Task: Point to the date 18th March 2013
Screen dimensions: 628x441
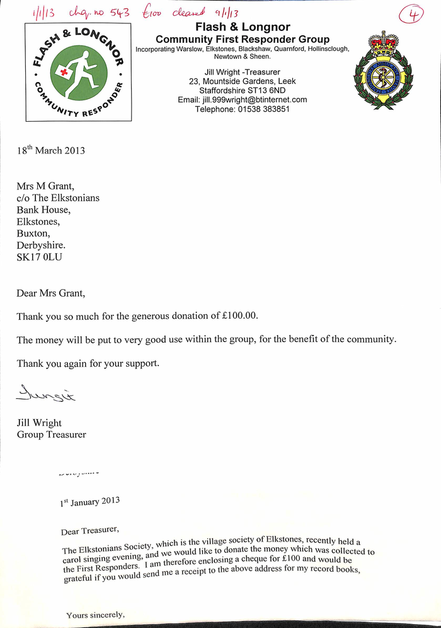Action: click(50, 150)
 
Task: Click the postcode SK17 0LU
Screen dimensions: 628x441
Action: click(40, 258)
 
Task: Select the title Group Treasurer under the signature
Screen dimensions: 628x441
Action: click(51, 434)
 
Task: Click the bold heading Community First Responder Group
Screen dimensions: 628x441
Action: click(243, 39)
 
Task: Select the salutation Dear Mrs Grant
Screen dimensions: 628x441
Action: click(50, 293)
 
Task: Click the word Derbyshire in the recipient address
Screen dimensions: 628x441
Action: click(40, 246)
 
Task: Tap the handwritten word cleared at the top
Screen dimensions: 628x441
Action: click(189, 11)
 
